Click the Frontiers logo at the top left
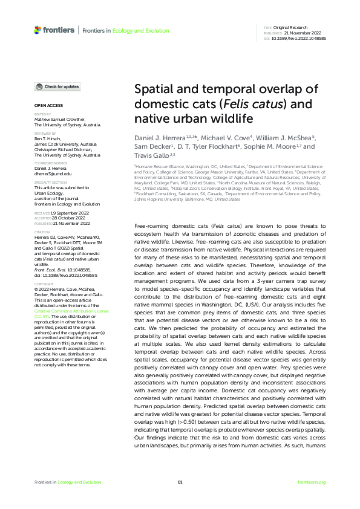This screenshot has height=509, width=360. click(x=54, y=29)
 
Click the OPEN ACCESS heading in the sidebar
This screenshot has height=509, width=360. click(x=45, y=105)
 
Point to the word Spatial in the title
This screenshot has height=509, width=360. click(x=155, y=89)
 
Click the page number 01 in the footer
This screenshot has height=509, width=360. click(x=180, y=482)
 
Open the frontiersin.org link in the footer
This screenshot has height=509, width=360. click(x=312, y=482)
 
